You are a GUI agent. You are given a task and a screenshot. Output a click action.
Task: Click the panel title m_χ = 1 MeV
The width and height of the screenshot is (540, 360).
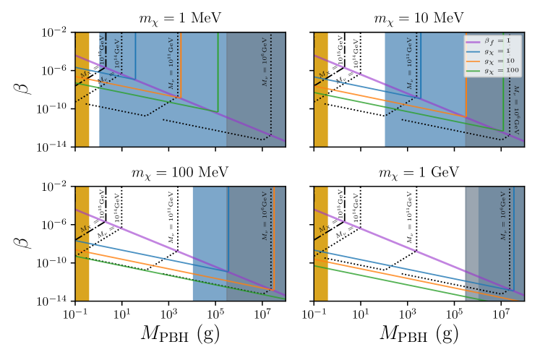180,17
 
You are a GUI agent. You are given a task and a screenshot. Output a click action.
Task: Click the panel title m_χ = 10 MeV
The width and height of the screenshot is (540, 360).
419,17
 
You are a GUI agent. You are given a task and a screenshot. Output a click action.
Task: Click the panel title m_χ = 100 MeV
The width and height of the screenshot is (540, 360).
180,173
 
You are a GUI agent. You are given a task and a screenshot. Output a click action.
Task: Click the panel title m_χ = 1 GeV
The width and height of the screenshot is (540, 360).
419,173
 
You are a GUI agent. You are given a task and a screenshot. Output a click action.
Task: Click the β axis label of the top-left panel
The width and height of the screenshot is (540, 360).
20,90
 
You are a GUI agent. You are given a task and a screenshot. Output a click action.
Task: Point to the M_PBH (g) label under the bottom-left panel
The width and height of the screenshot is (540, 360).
180,337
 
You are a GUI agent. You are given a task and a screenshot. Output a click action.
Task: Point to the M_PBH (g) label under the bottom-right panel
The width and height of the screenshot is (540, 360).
419,337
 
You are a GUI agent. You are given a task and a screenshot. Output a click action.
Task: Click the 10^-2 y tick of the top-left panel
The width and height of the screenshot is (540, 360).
56,33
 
